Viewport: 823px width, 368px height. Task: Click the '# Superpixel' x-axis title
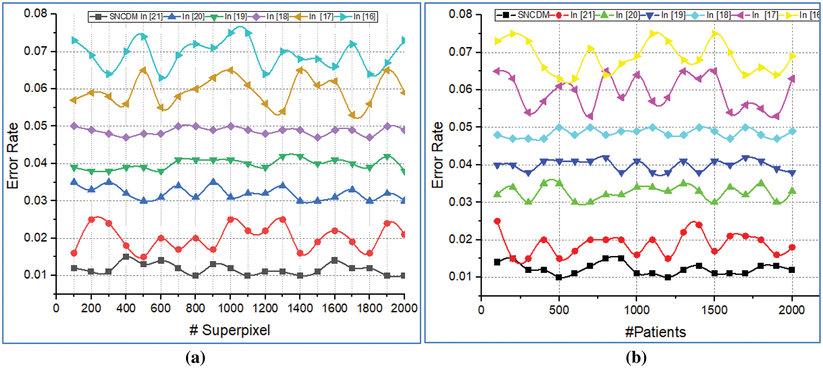pyautogui.click(x=229, y=330)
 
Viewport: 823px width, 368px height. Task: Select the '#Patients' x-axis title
pyautogui.click(x=655, y=331)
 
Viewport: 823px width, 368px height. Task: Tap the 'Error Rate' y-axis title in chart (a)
pyautogui.click(x=13, y=155)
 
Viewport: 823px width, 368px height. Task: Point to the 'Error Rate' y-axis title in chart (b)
pyautogui.click(x=437, y=155)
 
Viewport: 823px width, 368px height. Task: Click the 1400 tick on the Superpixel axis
pyautogui.click(x=300, y=308)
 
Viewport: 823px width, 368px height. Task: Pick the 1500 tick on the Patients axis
pyautogui.click(x=714, y=310)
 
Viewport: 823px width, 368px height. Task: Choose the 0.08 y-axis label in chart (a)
pyautogui.click(x=35, y=14)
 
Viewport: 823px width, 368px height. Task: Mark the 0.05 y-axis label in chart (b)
pyautogui.click(x=460, y=127)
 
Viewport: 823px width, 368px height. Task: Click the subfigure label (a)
pyautogui.click(x=195, y=357)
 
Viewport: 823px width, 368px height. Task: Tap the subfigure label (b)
pyautogui.click(x=636, y=357)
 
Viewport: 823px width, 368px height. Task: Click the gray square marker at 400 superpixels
pyautogui.click(x=126, y=257)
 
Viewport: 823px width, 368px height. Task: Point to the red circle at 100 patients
pyautogui.click(x=497, y=221)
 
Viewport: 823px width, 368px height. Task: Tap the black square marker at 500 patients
pyautogui.click(x=559, y=277)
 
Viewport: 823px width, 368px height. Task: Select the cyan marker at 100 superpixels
pyautogui.click(x=74, y=40)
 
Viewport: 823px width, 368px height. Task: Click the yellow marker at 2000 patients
pyautogui.click(x=792, y=56)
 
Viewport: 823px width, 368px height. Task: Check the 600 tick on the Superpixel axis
pyautogui.click(x=161, y=308)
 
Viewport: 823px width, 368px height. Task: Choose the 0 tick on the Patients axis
pyautogui.click(x=481, y=310)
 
